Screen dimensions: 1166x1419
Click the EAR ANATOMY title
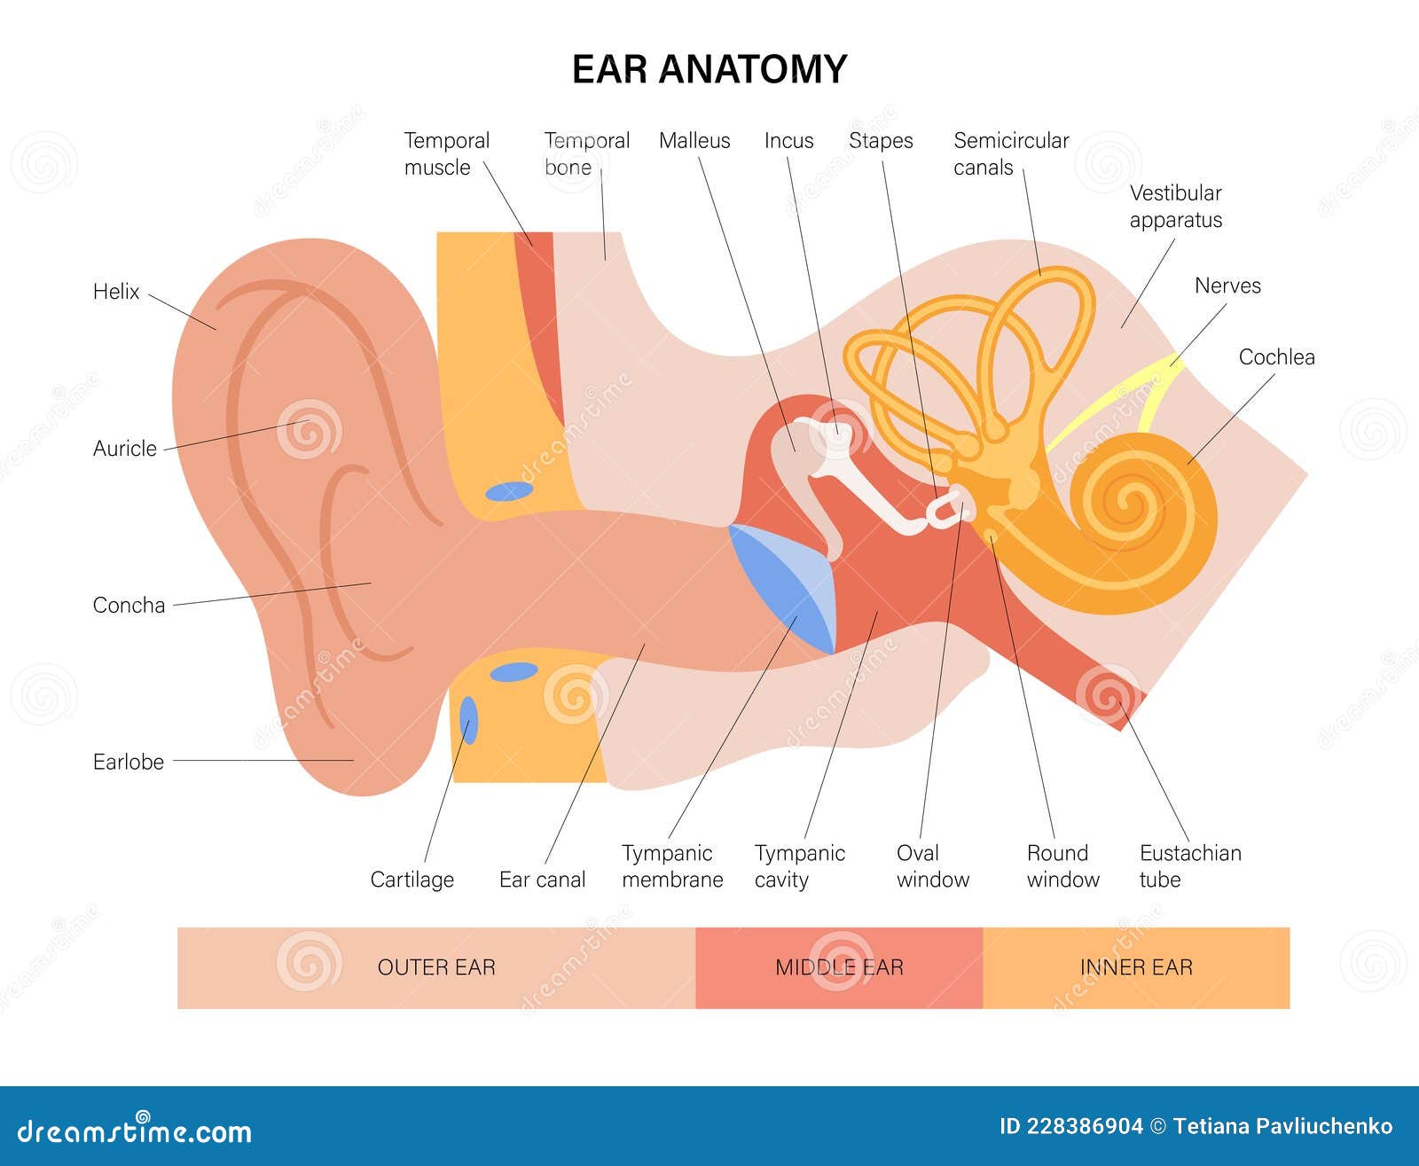coord(709,69)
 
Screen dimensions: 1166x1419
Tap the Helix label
coord(116,291)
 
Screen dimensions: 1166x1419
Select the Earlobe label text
coord(129,762)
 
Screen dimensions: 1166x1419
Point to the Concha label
coord(129,605)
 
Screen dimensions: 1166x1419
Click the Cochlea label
coord(1276,356)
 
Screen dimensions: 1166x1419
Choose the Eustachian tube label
coord(1189,865)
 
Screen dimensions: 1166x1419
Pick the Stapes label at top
coord(881,140)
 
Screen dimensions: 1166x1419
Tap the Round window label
coord(1062,865)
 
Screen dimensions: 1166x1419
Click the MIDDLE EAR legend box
coord(839,967)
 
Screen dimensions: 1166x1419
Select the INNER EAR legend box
coord(1136,967)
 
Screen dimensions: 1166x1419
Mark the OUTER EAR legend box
coord(436,967)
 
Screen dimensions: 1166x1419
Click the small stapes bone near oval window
coord(947,509)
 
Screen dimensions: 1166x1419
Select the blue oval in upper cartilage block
coord(508,490)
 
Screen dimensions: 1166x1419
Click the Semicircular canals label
coord(1010,153)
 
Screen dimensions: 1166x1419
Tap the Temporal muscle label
coord(446,153)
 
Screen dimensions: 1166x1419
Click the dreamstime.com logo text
coord(135,1131)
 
